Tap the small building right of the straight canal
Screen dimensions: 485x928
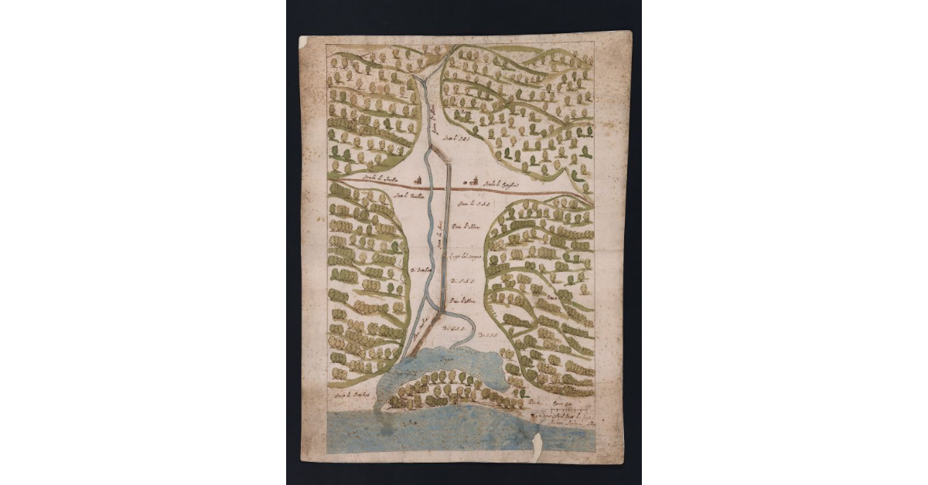[x=464, y=185]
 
